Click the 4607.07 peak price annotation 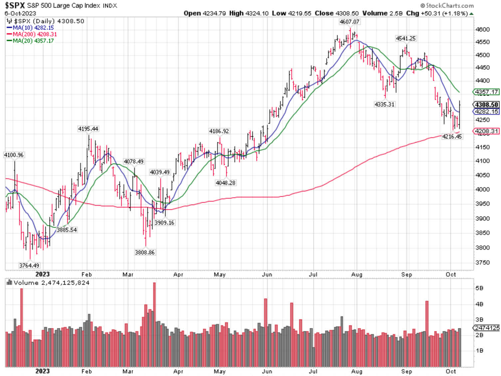[349, 22]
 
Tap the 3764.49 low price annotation [29, 265]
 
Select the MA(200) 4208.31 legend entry [35, 34]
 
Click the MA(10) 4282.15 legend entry [33, 28]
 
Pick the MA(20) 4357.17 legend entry [33, 41]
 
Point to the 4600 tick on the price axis [482, 29]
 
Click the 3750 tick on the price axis [482, 262]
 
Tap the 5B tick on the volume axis [479, 288]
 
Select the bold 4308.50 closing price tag [486, 105]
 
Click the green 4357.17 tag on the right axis [486, 92]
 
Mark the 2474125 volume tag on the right [487, 328]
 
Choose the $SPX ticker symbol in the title [15, 6]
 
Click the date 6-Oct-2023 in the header [20, 13]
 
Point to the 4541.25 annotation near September [405, 38]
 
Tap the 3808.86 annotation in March [144, 252]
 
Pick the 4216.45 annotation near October [452, 136]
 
